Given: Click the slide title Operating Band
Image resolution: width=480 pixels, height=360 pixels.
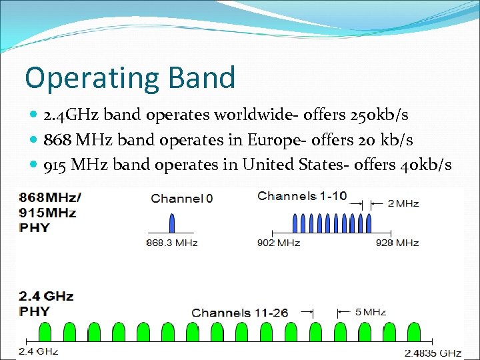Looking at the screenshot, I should tap(130, 77).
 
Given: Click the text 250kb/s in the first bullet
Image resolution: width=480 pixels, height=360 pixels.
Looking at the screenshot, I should tap(379, 115).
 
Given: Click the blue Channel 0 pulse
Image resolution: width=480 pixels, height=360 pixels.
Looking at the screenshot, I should tap(172, 223).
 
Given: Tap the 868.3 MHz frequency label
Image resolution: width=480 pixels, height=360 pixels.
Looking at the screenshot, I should tap(172, 243).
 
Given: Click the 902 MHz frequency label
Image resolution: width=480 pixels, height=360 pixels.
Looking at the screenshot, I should tap(279, 243).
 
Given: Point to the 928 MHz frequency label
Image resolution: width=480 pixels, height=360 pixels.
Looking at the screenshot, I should tap(397, 243).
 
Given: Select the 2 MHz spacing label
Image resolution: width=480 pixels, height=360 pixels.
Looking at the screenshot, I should tap(403, 203).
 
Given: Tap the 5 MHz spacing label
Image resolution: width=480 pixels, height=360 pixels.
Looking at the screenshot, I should tap(369, 311).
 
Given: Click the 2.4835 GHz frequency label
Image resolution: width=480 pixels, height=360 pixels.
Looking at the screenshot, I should tap(433, 352).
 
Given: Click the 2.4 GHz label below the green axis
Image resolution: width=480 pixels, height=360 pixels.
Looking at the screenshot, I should tap(38, 351).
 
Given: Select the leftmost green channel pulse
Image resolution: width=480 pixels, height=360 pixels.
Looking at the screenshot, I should tap(46, 332).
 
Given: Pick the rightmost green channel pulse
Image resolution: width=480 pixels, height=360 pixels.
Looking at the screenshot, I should tap(413, 332).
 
